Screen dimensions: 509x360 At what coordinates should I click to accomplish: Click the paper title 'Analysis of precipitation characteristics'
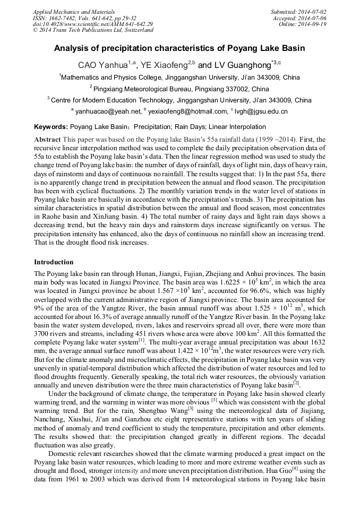pos(179,48)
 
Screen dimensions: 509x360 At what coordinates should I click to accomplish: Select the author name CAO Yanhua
pos(104,65)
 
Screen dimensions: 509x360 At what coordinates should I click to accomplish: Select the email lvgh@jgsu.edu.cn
pos(260,111)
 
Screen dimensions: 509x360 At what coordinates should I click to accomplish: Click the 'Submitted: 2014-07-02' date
pos(299,12)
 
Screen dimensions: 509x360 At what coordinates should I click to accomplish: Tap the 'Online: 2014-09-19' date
pos(303,24)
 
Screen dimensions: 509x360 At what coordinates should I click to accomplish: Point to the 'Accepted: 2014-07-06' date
pos(300,18)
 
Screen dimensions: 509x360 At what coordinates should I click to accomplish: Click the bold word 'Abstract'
pos(47,139)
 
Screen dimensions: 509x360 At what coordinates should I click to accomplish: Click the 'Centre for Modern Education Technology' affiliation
pos(179,100)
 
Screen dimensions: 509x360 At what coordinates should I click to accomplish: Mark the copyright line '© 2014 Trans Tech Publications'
pos(93,31)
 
